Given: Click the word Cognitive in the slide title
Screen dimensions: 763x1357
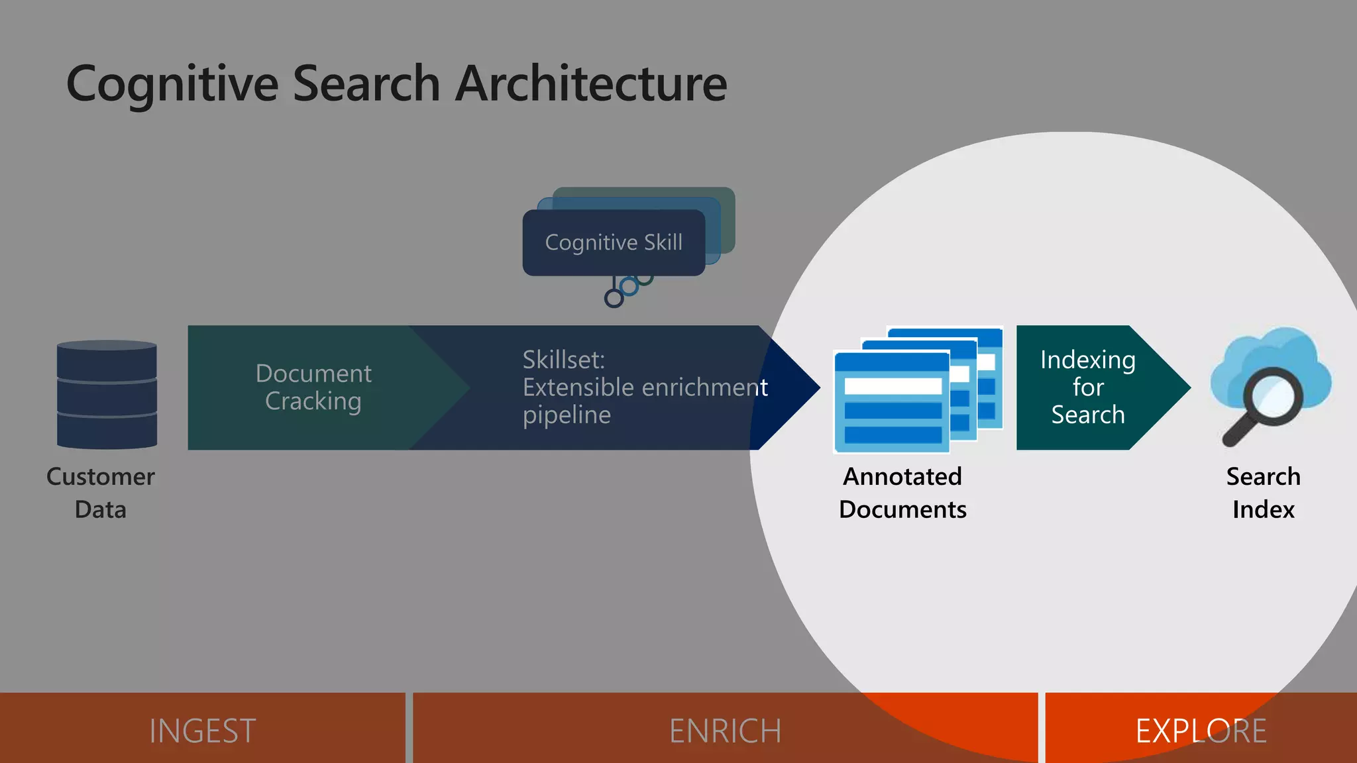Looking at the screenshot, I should (x=172, y=85).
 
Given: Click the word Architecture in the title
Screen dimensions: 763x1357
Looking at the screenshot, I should (x=591, y=83).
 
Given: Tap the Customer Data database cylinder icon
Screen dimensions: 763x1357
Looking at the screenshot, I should (x=107, y=395).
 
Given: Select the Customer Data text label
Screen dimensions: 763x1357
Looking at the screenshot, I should (x=100, y=493).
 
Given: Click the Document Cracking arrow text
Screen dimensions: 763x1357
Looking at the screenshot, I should (x=313, y=387).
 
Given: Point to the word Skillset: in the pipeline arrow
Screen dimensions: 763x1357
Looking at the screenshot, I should (x=563, y=360).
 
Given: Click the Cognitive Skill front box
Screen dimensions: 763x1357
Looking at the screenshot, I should (x=613, y=242).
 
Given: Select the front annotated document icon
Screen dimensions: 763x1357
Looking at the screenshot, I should (x=891, y=404).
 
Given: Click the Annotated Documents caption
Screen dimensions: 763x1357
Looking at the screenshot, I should (x=902, y=493).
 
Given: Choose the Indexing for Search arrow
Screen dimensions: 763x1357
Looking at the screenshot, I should (x=1087, y=387).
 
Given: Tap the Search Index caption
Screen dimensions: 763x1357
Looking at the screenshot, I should (x=1263, y=493).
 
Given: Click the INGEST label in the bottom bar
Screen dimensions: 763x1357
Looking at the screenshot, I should (x=202, y=731).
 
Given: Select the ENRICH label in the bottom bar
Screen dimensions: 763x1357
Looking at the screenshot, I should (x=725, y=731).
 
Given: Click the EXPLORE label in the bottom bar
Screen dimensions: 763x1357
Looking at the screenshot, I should (x=1201, y=731).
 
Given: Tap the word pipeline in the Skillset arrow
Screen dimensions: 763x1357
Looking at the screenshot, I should (x=567, y=415).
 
